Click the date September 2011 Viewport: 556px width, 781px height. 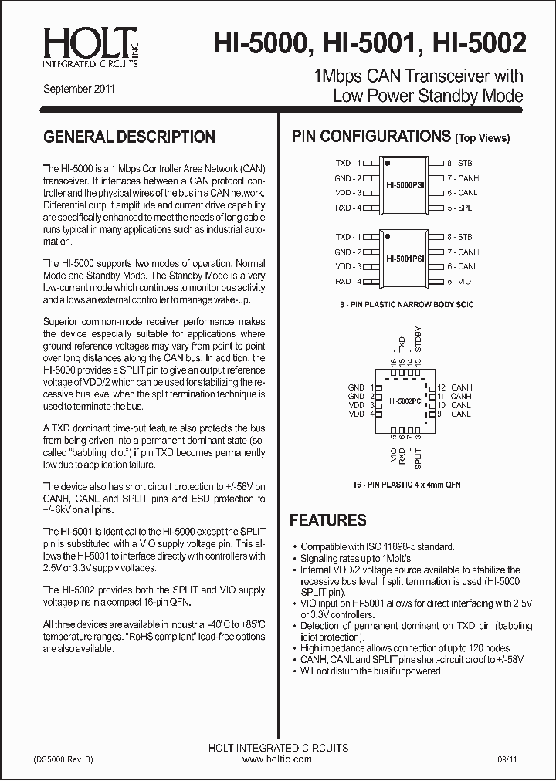(x=79, y=89)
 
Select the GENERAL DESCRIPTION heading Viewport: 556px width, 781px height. (x=130, y=137)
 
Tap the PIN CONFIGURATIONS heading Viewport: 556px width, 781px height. (x=371, y=137)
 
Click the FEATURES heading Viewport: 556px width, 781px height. (x=328, y=521)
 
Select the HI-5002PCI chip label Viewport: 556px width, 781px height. (x=405, y=401)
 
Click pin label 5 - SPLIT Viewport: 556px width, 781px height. (x=463, y=208)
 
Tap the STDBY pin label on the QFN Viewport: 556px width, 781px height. (x=419, y=340)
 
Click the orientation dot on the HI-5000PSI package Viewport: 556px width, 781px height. (x=388, y=164)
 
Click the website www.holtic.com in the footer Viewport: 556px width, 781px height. (x=277, y=759)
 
